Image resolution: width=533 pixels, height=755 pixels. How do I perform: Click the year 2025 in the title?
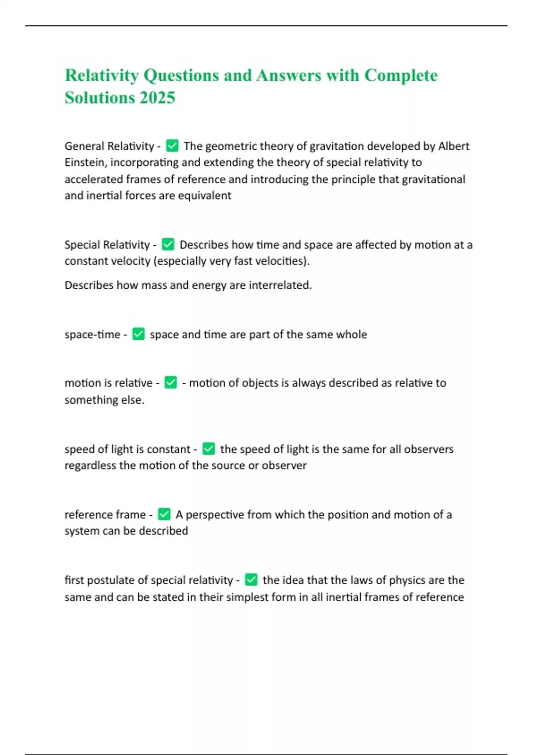(x=157, y=98)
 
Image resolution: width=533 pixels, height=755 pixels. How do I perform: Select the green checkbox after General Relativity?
(x=172, y=146)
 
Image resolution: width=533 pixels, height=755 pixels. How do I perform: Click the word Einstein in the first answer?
(x=85, y=163)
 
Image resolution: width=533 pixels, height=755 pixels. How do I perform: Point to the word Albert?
(x=454, y=146)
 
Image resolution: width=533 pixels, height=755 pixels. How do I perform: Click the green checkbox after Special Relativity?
(x=168, y=244)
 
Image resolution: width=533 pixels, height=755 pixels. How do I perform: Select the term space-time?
(x=92, y=334)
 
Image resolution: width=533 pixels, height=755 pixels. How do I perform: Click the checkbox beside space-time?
(x=139, y=334)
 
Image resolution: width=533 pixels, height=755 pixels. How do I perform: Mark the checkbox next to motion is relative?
(x=171, y=382)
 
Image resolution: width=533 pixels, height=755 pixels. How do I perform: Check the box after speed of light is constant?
(x=208, y=449)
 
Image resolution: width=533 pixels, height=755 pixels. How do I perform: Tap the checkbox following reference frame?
(x=164, y=514)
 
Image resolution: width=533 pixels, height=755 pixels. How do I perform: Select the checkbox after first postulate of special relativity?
(x=251, y=580)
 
